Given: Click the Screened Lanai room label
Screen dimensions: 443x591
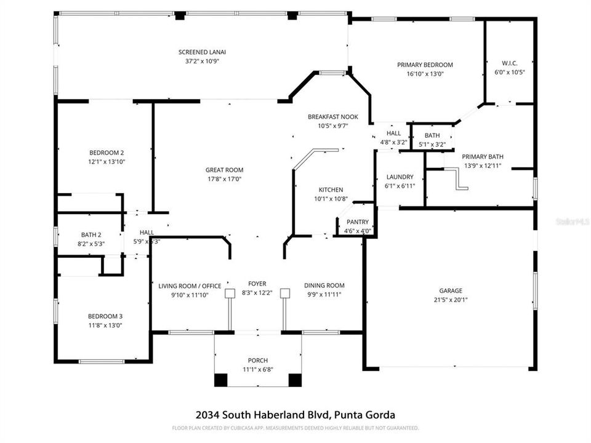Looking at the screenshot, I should point(198,52).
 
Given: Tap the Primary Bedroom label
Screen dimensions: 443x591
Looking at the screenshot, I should point(425,65).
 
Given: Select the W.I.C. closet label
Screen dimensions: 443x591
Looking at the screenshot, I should point(509,63).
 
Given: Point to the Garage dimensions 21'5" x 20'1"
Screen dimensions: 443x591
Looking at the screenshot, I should point(451,300).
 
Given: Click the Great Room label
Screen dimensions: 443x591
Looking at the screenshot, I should point(224,170).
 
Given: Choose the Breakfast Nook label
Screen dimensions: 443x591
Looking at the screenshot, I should point(332,117).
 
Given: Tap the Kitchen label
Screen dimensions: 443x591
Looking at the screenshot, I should point(331,190).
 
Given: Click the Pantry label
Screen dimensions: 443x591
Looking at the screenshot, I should point(357,222).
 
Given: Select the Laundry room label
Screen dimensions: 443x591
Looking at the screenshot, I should point(400,177).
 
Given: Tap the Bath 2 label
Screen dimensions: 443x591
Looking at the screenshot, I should point(91,234).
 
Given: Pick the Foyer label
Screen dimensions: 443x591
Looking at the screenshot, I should point(257,284).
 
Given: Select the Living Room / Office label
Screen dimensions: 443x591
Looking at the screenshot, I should point(190,286).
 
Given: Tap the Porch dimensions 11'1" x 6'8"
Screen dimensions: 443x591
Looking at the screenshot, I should point(258,369).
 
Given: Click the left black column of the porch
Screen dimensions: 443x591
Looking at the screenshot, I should point(220,380).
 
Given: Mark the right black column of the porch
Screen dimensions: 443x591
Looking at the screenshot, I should point(295,380).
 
